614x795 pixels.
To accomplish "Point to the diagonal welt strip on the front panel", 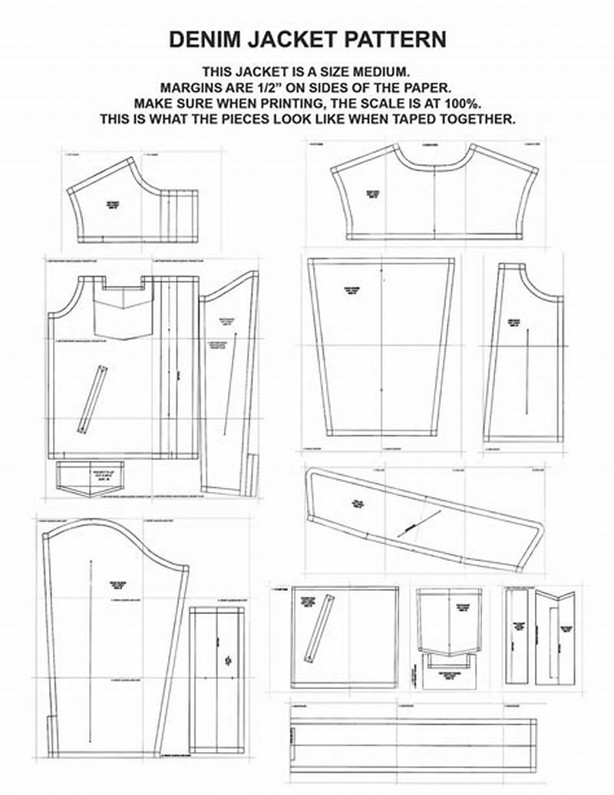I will click(x=90, y=398).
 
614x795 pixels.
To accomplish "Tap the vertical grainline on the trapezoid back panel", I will click(x=381, y=345).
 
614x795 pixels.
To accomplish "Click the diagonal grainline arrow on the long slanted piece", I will click(x=408, y=529).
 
